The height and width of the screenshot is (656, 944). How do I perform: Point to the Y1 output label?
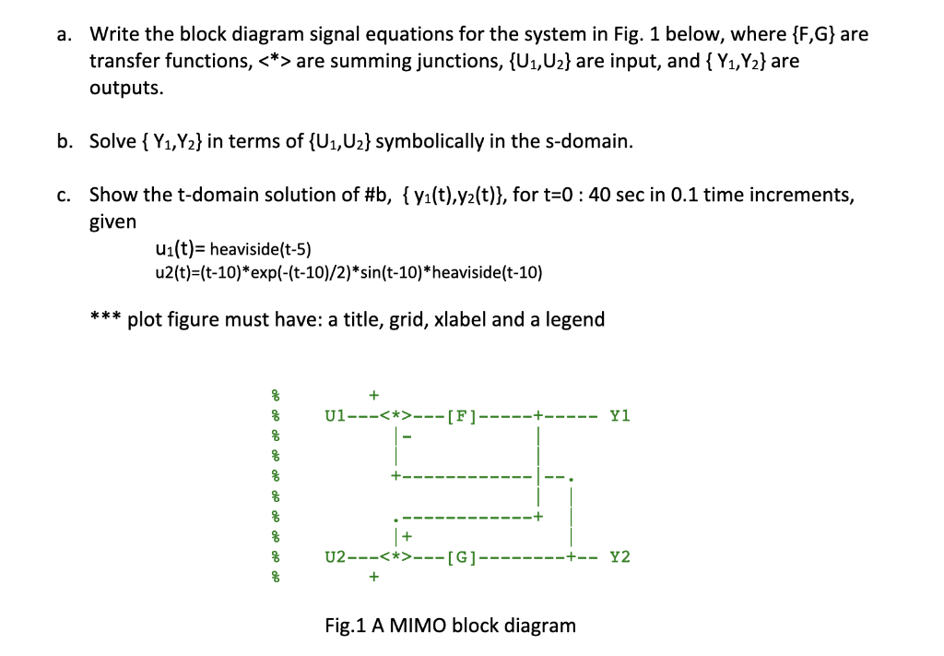coord(619,416)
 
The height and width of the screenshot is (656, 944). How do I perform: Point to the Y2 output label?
coord(619,557)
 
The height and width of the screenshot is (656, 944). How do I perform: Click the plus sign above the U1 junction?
coord(373,396)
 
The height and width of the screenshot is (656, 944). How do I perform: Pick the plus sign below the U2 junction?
coord(373,578)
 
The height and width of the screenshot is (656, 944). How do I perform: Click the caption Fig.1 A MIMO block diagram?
coord(451,626)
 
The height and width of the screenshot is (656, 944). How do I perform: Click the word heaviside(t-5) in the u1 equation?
coord(261,249)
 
